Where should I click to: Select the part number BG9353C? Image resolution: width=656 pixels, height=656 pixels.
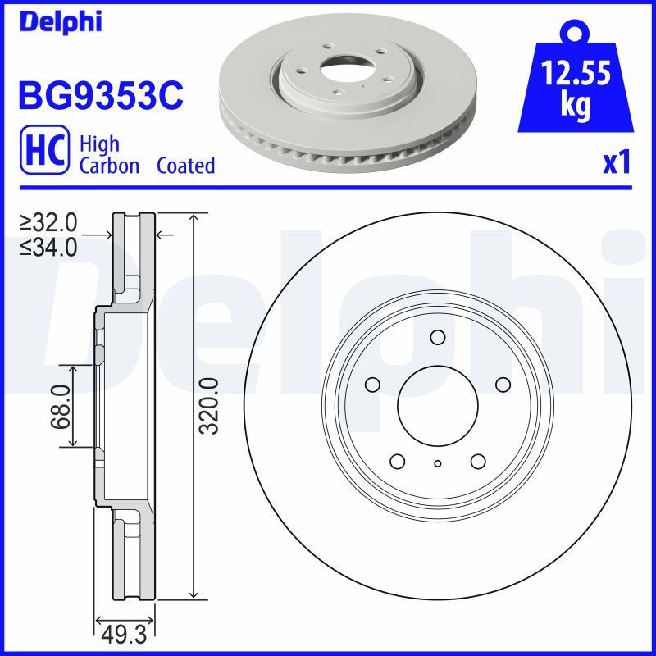[x=100, y=96]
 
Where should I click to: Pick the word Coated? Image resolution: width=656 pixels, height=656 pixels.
[x=185, y=166]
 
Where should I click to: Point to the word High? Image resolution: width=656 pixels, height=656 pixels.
[x=99, y=144]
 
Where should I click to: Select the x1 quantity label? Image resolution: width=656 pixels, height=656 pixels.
[x=616, y=163]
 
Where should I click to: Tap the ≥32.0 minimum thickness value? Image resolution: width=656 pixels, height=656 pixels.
[x=48, y=222]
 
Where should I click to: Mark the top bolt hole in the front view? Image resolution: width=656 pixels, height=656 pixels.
[x=437, y=336]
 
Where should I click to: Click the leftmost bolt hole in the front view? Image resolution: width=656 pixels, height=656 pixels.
[x=372, y=385]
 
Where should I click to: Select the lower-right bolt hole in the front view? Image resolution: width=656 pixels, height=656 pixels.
[x=477, y=461]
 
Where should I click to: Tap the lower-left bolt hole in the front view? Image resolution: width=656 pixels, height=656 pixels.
[x=398, y=461]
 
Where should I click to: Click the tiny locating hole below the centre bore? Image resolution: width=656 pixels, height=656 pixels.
[x=438, y=464]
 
